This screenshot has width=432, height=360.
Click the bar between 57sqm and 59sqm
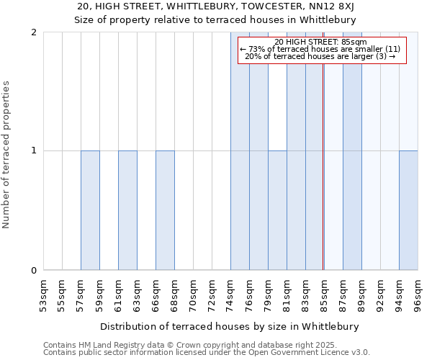90,210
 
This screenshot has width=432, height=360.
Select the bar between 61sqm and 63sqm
127,210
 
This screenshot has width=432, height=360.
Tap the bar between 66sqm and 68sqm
165,210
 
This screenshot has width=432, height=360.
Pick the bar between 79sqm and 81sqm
277,210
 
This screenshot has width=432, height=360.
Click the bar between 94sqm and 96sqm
408,210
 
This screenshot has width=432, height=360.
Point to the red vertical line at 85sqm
323,180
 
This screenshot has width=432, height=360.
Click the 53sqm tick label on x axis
43,294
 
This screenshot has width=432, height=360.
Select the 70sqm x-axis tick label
193,294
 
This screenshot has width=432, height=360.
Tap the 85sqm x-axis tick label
324,294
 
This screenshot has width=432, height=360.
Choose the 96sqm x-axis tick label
418,294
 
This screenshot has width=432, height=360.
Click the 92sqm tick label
380,294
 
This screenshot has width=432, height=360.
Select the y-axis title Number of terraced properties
7,155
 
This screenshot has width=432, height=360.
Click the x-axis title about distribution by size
229,326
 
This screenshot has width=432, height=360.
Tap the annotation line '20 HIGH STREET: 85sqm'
320,42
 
